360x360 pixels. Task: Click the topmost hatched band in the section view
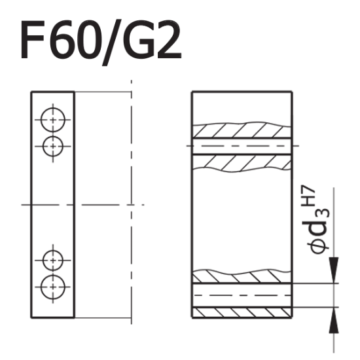241,130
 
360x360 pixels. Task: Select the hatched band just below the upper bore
241,161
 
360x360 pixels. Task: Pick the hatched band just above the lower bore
241,276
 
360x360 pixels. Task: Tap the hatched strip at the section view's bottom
241,312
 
